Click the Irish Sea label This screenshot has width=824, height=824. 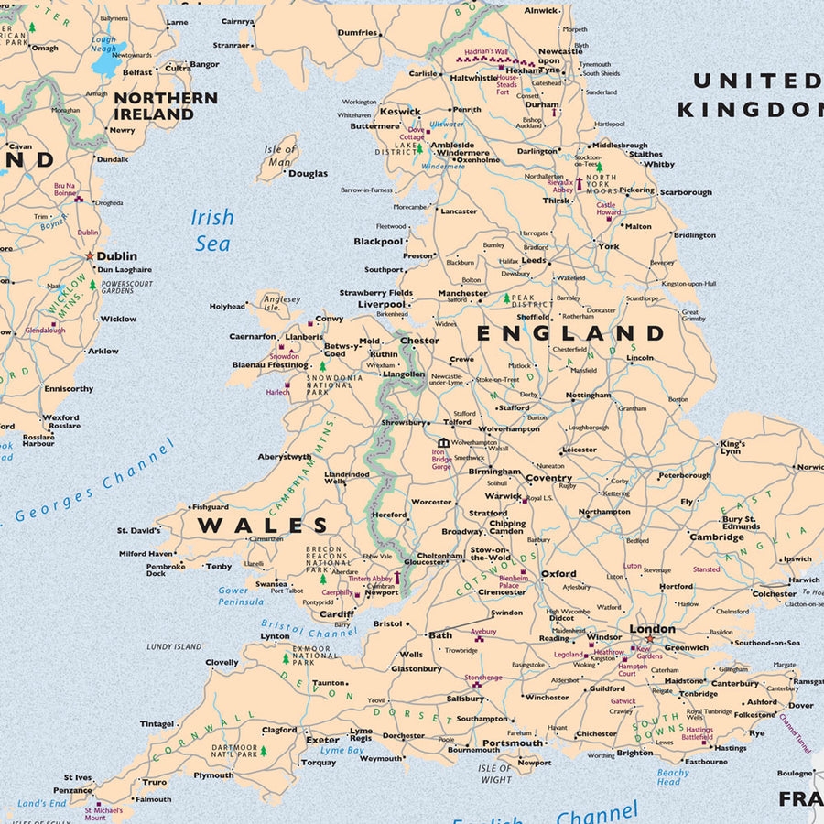[x=211, y=230]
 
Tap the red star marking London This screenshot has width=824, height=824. [x=649, y=639]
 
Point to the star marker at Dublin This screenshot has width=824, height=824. [x=90, y=256]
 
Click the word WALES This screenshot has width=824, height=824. [x=263, y=526]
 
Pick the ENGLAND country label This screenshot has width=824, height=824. [x=569, y=332]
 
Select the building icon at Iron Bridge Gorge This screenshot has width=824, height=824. [x=443, y=443]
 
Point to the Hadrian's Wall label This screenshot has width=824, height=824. [x=485, y=52]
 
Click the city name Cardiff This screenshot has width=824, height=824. [x=337, y=614]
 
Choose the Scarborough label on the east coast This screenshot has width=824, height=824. [x=685, y=192]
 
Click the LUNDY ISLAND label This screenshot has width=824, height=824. [x=174, y=646]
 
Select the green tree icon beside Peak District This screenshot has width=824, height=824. [x=505, y=298]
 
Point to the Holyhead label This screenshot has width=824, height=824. [x=227, y=307]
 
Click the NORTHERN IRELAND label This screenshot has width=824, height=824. [x=165, y=106]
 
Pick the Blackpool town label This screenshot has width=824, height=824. [x=378, y=242]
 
